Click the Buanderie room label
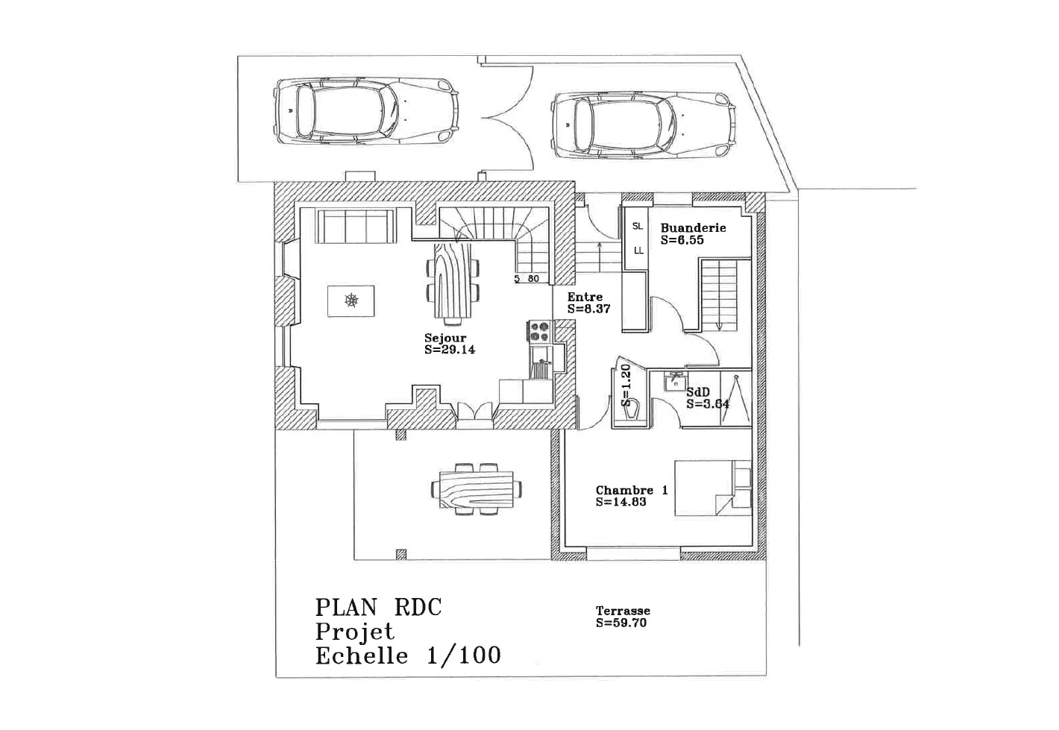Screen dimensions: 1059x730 pyautogui.click(x=693, y=228)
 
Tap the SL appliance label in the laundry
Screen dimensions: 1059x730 pyautogui.click(x=638, y=227)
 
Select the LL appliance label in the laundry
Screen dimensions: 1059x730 pyautogui.click(x=638, y=251)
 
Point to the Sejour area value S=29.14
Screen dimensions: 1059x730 pyautogui.click(x=450, y=350)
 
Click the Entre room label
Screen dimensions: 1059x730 pyautogui.click(x=585, y=297)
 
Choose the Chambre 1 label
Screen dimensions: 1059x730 pyautogui.click(x=632, y=490)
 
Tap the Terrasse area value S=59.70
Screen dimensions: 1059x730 pyautogui.click(x=621, y=623)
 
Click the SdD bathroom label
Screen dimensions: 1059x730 pyautogui.click(x=698, y=392)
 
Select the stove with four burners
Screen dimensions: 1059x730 pyautogui.click(x=540, y=331)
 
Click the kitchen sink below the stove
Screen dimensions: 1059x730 pyautogui.click(x=541, y=362)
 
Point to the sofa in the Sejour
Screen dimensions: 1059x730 pyautogui.click(x=356, y=227)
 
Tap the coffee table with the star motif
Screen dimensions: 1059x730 pyautogui.click(x=351, y=301)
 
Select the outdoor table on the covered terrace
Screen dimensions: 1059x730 pyautogui.click(x=476, y=490)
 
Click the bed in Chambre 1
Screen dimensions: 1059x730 pyautogui.click(x=713, y=488)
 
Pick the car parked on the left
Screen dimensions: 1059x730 pyautogui.click(x=366, y=111)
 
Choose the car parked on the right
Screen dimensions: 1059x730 pyautogui.click(x=644, y=125)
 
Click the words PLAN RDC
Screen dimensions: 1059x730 pyautogui.click(x=378, y=608)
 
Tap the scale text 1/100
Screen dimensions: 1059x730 pyautogui.click(x=463, y=656)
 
